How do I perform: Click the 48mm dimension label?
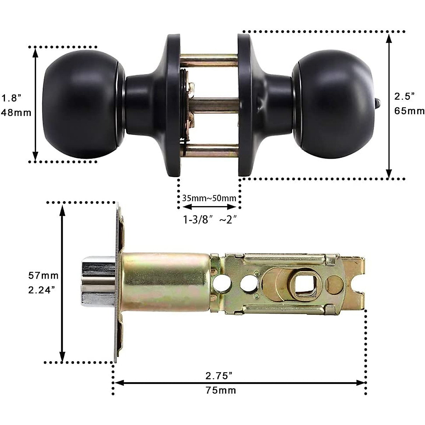coord(16,113)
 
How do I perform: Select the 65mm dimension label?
coord(409,111)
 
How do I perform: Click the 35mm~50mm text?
coord(209,198)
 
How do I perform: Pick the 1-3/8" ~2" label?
coord(209,220)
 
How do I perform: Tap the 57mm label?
coord(43,275)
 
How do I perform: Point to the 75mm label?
coord(220,391)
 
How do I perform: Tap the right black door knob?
coord(331,104)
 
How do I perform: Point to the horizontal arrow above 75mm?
coord(239,383)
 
